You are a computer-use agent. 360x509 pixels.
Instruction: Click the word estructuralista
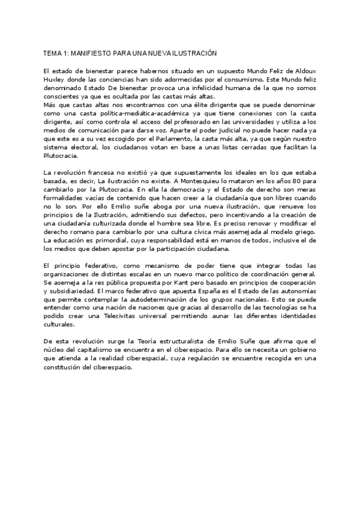181,340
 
